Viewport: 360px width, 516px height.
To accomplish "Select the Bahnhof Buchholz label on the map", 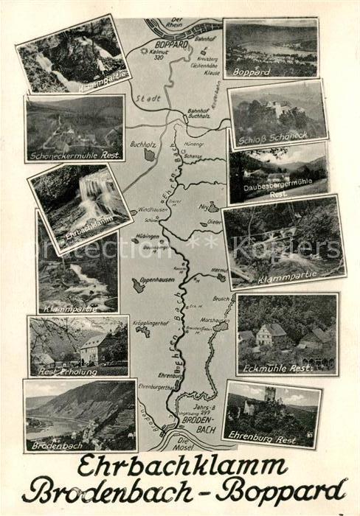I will click(x=201, y=113).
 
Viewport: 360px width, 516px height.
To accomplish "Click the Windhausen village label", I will click(x=153, y=210).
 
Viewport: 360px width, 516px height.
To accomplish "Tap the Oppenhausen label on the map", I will click(x=157, y=279).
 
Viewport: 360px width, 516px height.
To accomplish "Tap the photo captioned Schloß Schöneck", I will click(x=277, y=114).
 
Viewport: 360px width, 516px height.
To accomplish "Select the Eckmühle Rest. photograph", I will click(x=287, y=333).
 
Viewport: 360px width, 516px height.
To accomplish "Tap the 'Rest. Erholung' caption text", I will click(x=55, y=369).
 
